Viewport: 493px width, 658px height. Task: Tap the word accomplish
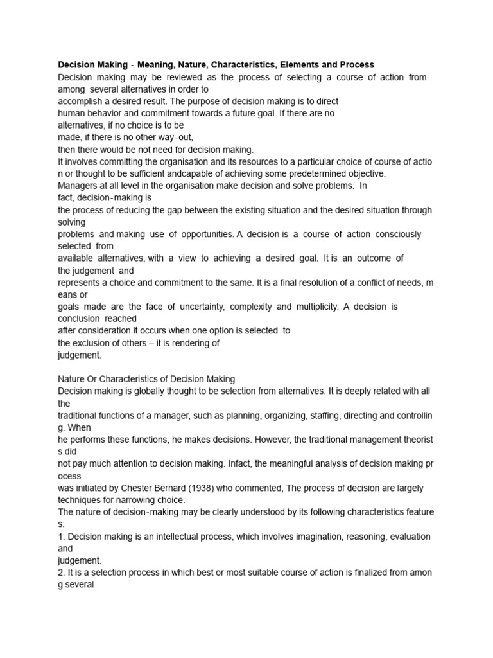(82, 101)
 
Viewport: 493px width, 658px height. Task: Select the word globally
(148, 391)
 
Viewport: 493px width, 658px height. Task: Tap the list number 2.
(61, 572)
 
